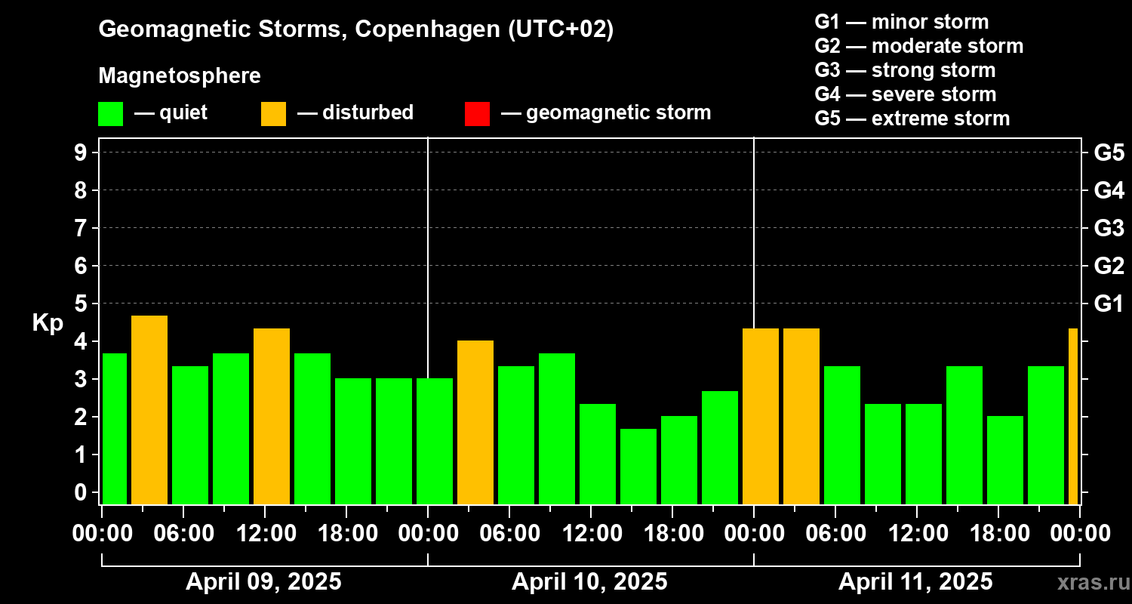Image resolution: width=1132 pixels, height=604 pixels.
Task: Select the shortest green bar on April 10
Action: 638,467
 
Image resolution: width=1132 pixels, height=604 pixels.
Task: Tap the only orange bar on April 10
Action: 475,423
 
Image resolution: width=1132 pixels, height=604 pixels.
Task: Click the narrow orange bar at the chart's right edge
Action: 1073,416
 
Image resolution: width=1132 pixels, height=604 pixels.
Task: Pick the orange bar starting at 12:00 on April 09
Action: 272,416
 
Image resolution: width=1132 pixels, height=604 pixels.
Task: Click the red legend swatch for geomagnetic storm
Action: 477,113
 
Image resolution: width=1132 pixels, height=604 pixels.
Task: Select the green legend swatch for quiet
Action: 110,113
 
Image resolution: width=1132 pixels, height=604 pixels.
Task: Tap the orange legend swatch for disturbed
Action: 273,113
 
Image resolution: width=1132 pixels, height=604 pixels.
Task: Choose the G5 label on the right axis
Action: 1109,153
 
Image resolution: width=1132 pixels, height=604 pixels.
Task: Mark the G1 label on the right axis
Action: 1109,304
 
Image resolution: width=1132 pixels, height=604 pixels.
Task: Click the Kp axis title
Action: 47,323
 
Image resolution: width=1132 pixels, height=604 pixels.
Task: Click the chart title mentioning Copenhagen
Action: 356,29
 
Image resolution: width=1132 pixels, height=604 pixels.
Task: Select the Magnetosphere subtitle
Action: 180,76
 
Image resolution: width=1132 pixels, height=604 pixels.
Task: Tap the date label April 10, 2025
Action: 589,582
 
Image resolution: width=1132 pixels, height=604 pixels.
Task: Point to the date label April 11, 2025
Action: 915,582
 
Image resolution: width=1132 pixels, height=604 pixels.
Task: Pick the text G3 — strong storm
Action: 905,70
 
